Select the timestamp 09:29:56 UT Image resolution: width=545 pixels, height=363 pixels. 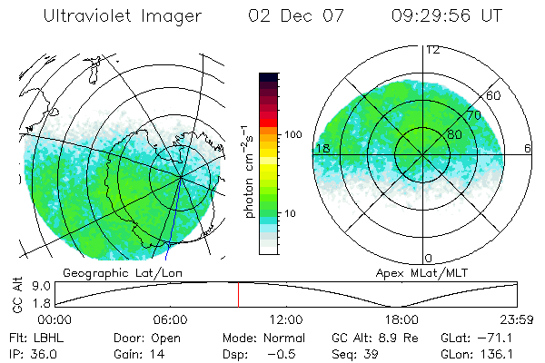pyautogui.click(x=446, y=16)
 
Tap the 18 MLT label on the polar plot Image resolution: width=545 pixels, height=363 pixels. pyautogui.click(x=322, y=148)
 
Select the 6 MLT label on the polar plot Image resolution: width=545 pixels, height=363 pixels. pyautogui.click(x=528, y=148)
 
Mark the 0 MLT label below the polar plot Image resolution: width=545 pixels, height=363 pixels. pyautogui.click(x=430, y=258)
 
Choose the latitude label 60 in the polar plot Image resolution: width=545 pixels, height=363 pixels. pyautogui.click(x=494, y=95)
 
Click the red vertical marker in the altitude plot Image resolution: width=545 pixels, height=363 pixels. pyautogui.click(x=238, y=295)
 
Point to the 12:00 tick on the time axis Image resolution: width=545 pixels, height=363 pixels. pyautogui.click(x=287, y=319)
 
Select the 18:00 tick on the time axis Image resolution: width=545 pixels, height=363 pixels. pyautogui.click(x=402, y=319)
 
